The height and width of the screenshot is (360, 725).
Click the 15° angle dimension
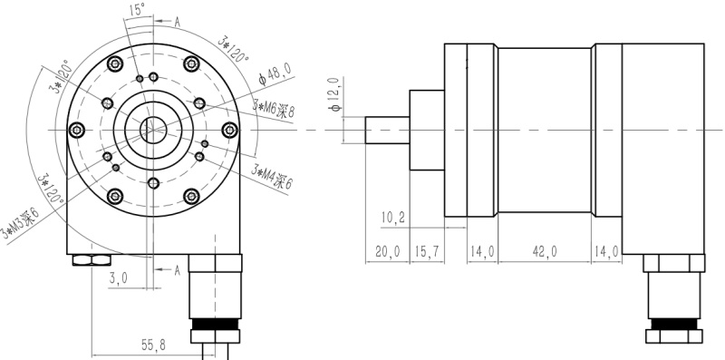[138, 10]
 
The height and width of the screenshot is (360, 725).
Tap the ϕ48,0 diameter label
[275, 74]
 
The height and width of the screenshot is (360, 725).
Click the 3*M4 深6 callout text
[272, 176]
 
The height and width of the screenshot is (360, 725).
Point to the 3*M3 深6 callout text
[20, 223]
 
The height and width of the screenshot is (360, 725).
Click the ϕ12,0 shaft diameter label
[335, 94]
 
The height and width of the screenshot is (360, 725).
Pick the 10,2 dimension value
[393, 217]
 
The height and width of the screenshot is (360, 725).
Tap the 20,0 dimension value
[388, 252]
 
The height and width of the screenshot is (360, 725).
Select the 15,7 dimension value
[427, 252]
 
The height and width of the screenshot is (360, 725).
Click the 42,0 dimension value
[545, 252]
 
